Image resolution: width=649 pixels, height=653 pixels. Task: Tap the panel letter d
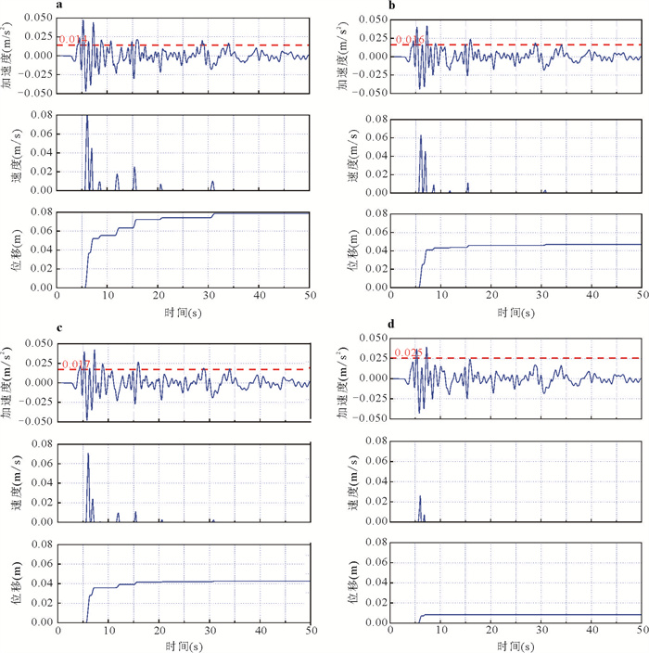coord(391,326)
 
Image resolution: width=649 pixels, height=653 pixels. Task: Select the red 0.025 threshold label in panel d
coord(408,352)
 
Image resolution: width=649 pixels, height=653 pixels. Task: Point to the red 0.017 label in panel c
coord(74,365)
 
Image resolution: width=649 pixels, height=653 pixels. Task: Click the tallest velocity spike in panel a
coord(87,116)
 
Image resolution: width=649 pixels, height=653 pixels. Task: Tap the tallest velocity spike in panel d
coord(420,496)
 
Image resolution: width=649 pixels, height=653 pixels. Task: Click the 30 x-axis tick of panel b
coord(541,299)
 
